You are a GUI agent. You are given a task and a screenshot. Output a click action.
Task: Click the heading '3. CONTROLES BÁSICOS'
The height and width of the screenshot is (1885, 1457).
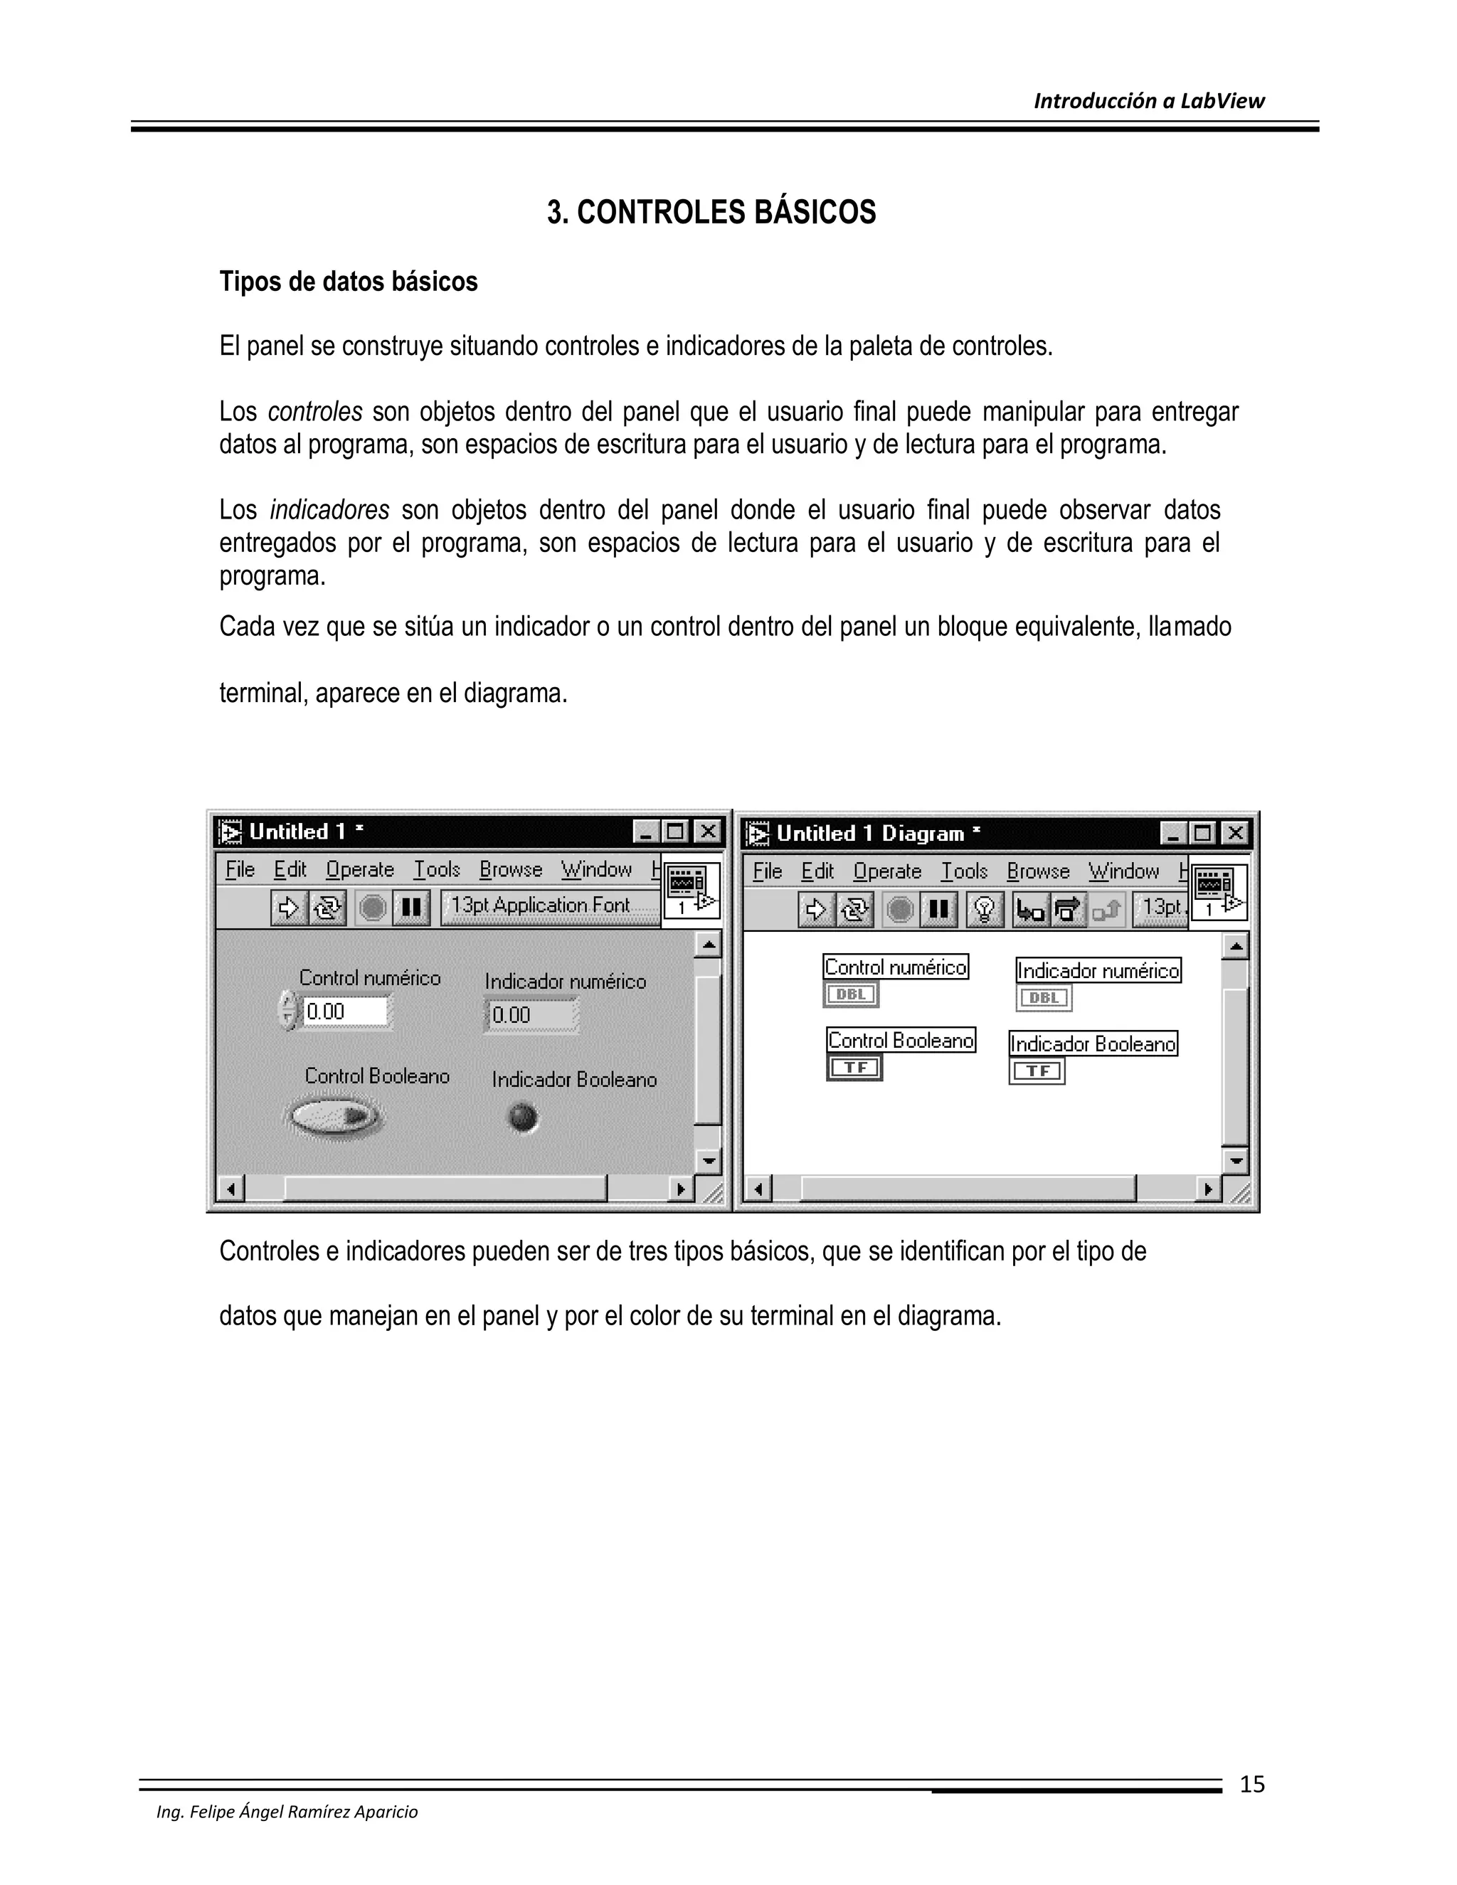pyautogui.click(x=711, y=212)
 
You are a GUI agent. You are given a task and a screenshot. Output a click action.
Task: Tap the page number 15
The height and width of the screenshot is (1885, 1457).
pyautogui.click(x=1251, y=1784)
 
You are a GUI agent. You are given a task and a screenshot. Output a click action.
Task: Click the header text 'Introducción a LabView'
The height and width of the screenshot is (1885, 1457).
pyautogui.click(x=1148, y=101)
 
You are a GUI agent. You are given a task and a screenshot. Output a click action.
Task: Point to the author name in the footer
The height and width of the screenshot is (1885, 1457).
pyautogui.click(x=287, y=1812)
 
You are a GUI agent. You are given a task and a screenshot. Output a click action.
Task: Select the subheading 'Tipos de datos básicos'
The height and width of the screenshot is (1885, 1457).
pyautogui.click(x=348, y=282)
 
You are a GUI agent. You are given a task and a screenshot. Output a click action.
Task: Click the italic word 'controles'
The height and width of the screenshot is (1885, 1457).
pyautogui.click(x=314, y=413)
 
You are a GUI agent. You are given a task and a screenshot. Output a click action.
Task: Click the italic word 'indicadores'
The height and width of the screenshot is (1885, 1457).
pyautogui.click(x=329, y=511)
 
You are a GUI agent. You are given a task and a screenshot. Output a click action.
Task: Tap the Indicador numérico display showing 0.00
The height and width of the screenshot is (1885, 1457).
pyautogui.click(x=530, y=1015)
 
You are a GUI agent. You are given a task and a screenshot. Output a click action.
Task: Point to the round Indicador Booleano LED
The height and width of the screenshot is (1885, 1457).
pyautogui.click(x=523, y=1119)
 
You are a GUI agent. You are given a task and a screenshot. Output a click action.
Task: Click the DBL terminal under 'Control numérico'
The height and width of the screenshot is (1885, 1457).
pyautogui.click(x=850, y=994)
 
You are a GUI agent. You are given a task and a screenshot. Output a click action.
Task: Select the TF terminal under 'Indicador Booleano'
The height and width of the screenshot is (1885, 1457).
pyautogui.click(x=1037, y=1071)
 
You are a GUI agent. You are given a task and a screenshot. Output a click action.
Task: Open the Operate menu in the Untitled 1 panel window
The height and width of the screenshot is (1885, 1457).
pyautogui.click(x=359, y=870)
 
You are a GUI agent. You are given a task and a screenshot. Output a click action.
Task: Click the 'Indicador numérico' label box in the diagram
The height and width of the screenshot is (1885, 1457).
pyautogui.click(x=1098, y=971)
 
